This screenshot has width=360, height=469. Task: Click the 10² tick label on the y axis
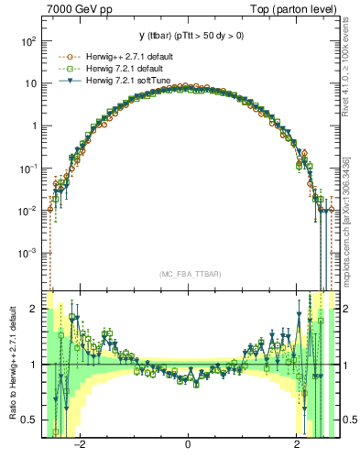pos(28,42)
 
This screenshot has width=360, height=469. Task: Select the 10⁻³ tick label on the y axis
pos(28,252)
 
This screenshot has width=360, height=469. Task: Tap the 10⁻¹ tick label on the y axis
pos(28,169)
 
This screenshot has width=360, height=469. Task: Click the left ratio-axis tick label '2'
pos(34,309)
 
